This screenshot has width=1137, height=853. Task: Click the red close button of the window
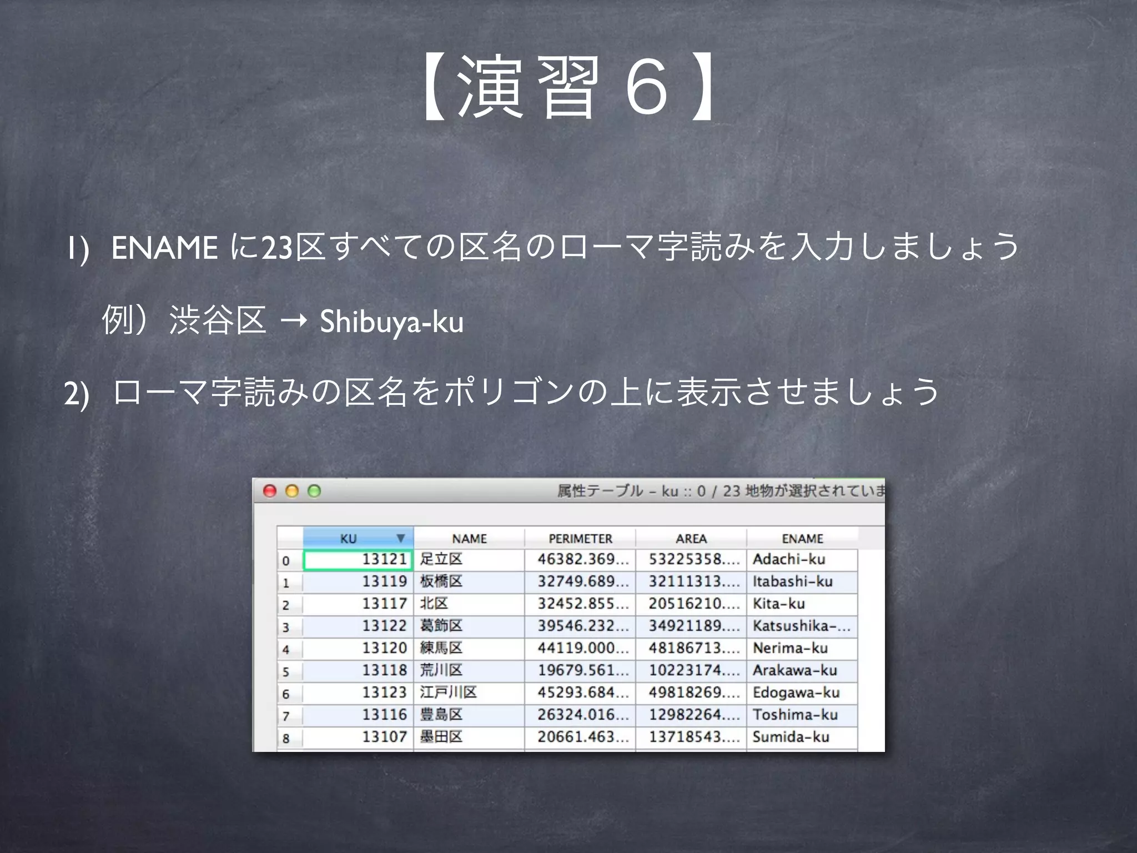click(270, 491)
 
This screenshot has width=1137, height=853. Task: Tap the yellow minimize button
click(292, 491)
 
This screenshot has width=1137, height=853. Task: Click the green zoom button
click(314, 491)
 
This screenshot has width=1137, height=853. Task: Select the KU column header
click(349, 539)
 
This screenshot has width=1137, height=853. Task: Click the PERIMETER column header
click(580, 539)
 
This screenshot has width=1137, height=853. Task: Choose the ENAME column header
click(802, 539)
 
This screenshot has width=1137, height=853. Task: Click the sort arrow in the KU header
click(401, 538)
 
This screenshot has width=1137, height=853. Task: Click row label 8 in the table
click(286, 739)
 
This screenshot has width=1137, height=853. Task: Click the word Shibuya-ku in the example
click(391, 322)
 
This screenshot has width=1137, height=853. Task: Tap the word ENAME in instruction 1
click(164, 248)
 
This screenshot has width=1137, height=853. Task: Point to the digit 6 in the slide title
click(647, 88)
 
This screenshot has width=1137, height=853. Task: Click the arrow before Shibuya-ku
click(294, 321)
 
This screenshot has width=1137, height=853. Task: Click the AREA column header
click(691, 539)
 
